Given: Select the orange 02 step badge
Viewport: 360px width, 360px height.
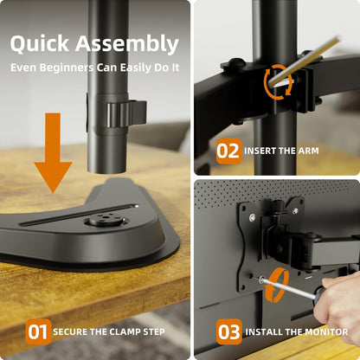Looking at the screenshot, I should point(228,151).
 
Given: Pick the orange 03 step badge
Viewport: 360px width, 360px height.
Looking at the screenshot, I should point(228,331).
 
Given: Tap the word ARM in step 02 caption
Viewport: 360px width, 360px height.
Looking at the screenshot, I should point(308,151).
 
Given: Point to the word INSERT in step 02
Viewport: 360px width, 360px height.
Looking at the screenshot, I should point(260,151).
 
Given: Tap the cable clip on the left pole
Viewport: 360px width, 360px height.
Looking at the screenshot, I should point(124,113).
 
